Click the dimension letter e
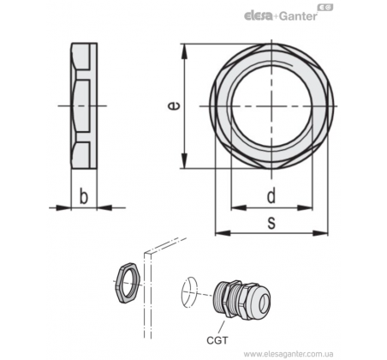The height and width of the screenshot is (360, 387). [174, 105]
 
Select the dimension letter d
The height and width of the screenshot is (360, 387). [271, 196]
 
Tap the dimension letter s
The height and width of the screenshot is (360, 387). [271, 223]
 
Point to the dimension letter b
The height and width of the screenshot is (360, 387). [83, 196]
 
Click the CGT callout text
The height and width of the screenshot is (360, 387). [217, 340]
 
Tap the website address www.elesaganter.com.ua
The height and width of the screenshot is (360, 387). [289, 353]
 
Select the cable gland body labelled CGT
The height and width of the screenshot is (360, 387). [241, 299]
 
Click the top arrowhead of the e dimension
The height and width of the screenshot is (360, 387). [185, 51]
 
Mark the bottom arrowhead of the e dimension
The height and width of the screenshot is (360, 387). [185, 161]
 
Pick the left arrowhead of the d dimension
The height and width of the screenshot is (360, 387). [238, 207]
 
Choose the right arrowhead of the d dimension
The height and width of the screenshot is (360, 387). [305, 207]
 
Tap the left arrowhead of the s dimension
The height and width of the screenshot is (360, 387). [223, 233]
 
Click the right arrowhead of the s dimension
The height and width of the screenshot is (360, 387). [320, 233]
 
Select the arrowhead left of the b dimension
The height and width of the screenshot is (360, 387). [63, 207]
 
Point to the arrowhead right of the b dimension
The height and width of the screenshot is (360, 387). [104, 207]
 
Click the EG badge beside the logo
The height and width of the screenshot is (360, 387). [325, 7]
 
